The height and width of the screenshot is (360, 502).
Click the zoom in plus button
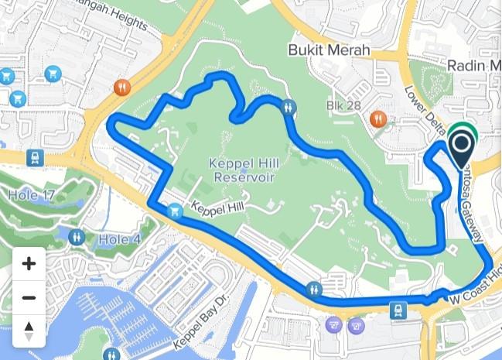pyautogui.click(x=29, y=264)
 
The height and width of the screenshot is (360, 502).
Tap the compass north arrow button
pyautogui.click(x=29, y=331)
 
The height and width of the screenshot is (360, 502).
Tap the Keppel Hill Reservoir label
pyautogui.click(x=242, y=170)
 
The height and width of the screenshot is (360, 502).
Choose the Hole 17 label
pyautogui.click(x=31, y=195)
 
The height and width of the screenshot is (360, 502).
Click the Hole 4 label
pyautogui.click(x=120, y=239)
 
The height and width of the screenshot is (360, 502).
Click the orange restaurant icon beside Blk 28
pyautogui.click(x=377, y=119)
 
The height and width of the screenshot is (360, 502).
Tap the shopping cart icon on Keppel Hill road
pyautogui.click(x=176, y=211)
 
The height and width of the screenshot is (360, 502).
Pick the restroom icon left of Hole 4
pyautogui.click(x=76, y=237)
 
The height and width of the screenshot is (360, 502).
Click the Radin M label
pyautogui.click(x=473, y=66)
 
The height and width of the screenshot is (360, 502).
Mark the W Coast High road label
pyautogui.click(x=476, y=287)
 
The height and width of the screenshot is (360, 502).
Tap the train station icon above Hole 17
pyautogui.click(x=34, y=158)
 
